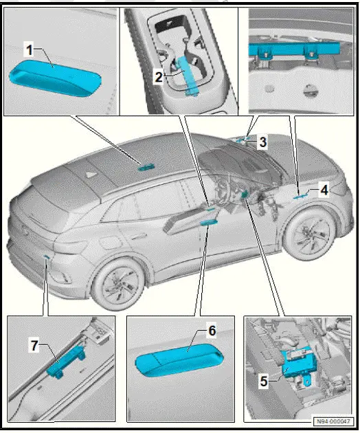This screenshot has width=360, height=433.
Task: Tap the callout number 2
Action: (x=157, y=77)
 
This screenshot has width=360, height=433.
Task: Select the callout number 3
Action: (x=262, y=143)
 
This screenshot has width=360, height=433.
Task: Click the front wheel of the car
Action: (x=310, y=233)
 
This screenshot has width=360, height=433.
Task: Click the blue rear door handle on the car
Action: (x=146, y=166)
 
